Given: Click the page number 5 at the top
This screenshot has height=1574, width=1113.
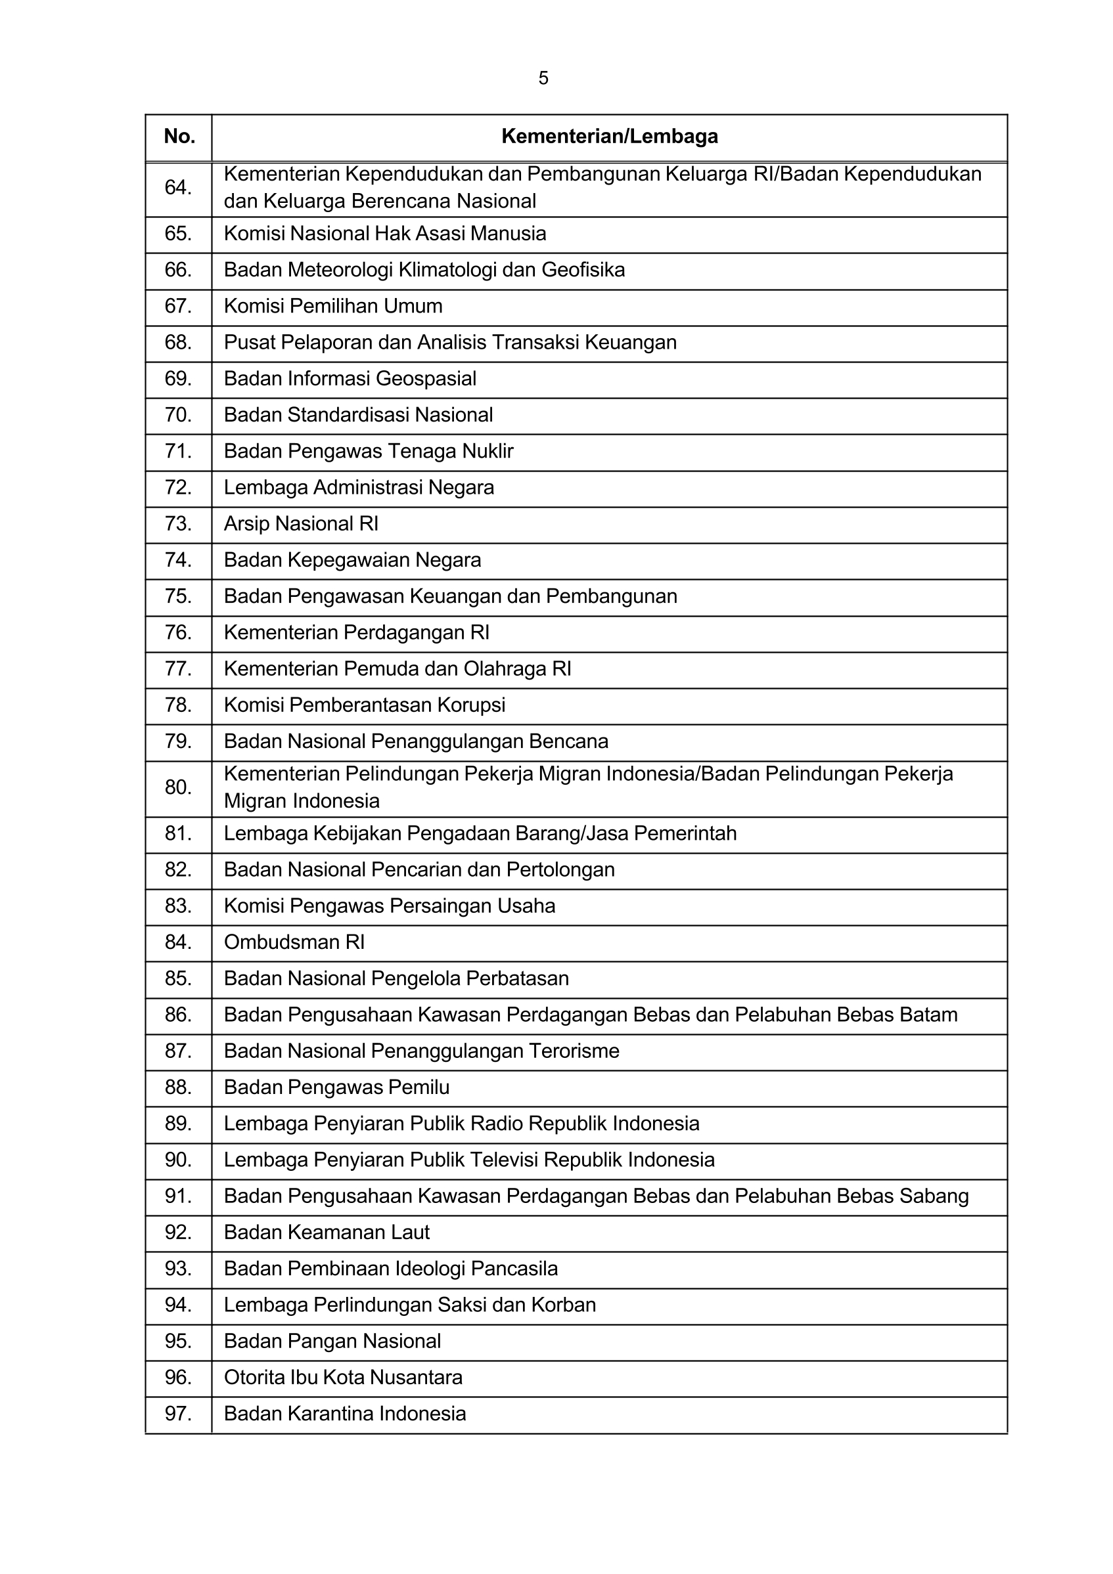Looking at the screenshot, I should point(543,78).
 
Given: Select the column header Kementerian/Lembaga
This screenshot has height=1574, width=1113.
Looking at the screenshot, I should point(609,137).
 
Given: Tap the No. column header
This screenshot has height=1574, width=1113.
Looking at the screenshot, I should point(179,137).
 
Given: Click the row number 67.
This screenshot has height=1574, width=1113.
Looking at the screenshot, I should point(177,306).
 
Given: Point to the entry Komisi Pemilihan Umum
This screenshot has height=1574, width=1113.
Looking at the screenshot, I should point(332,306).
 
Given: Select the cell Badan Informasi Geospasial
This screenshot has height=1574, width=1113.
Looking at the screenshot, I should point(350,378).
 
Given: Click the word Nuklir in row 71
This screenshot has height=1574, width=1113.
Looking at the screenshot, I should point(488,451).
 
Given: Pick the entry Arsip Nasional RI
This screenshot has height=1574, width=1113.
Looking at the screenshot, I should point(301,524).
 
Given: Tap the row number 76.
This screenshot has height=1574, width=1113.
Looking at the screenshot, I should point(177,632).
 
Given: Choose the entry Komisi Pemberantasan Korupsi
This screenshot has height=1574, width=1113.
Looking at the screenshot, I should point(364,705).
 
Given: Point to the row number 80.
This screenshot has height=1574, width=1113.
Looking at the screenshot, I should point(177,787).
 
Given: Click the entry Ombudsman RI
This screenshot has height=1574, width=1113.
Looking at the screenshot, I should point(294,942).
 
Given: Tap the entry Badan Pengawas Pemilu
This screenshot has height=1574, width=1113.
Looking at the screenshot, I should point(336,1087).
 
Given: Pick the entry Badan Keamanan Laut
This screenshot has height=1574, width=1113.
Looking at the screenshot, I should point(327,1233).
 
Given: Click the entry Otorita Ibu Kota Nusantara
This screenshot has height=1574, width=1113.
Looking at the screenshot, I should point(343,1377).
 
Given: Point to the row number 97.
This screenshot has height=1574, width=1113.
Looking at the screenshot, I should point(177,1414).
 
